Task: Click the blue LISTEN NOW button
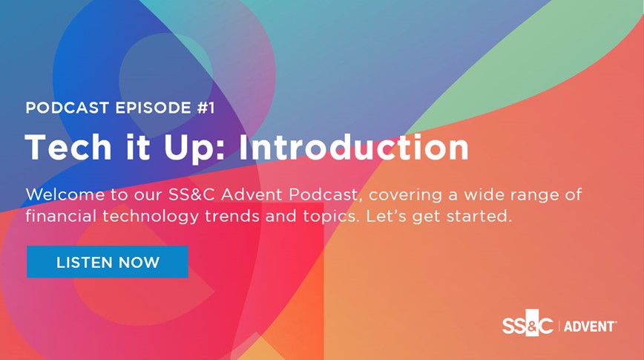108,262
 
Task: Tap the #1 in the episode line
206,108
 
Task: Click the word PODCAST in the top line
67,108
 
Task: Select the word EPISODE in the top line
153,108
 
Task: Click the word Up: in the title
194,148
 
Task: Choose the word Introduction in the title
354,147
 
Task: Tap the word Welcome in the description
65,194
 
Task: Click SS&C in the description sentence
191,194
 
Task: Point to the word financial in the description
61,216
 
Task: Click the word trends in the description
232,216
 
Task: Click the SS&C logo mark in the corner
528,326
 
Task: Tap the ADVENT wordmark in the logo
590,327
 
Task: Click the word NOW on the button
139,262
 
